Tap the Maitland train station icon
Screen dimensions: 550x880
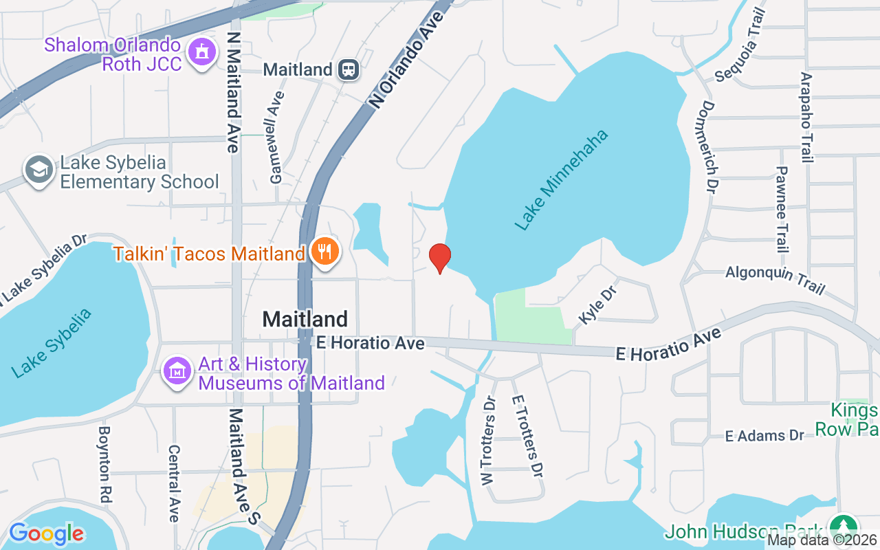tap(349, 69)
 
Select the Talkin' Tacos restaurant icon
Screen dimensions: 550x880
tap(324, 252)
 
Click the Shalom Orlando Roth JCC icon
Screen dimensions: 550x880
tap(201, 54)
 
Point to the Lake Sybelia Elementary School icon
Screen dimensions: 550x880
tap(39, 171)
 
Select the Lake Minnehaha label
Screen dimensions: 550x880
tap(562, 179)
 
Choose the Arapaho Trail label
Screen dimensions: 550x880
tap(806, 117)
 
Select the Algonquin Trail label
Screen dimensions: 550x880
tap(775, 280)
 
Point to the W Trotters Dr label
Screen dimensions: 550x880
tap(489, 441)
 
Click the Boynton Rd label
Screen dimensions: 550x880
tap(104, 463)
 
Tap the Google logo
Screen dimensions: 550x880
tap(46, 533)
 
